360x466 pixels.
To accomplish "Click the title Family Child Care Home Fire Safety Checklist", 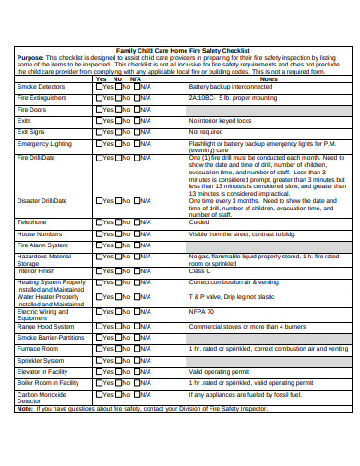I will [179, 50].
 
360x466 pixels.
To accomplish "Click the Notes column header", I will [268, 79].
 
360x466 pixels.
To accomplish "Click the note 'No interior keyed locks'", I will [221, 121].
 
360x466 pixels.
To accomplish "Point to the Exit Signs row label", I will [31, 132].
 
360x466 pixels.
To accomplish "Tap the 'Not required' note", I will [205, 132].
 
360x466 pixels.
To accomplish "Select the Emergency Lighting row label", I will [44, 144].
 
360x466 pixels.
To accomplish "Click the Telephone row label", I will [31, 222].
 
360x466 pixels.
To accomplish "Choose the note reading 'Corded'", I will [198, 222].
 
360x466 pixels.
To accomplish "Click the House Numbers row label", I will [40, 234].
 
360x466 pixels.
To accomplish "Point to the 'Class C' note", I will [200, 271].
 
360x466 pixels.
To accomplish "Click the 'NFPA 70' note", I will [202, 313].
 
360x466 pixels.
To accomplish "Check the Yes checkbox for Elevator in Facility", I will [100, 372].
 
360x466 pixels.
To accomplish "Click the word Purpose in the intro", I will [30, 56].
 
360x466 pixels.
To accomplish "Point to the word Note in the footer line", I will [25, 408].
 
